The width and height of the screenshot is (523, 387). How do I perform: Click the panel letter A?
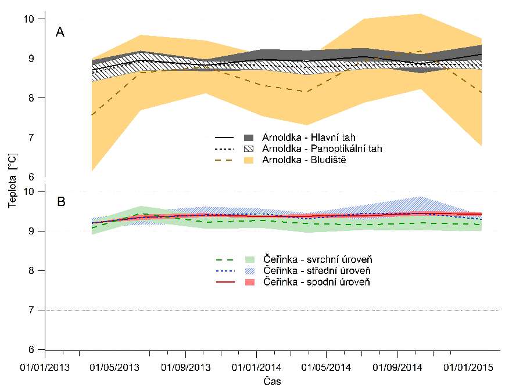60,32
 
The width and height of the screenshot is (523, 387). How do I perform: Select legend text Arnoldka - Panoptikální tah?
322,149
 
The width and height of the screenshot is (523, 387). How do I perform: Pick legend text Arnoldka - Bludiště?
304,159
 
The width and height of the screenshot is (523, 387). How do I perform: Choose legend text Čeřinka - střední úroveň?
317,270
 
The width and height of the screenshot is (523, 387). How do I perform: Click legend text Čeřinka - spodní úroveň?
317,281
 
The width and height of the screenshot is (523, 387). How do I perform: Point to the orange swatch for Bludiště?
249,159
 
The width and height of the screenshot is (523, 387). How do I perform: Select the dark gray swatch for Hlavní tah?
249,138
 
